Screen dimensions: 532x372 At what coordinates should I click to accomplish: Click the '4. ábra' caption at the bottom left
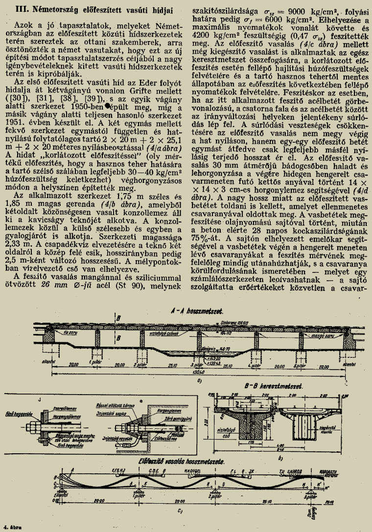tap(11, 527)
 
